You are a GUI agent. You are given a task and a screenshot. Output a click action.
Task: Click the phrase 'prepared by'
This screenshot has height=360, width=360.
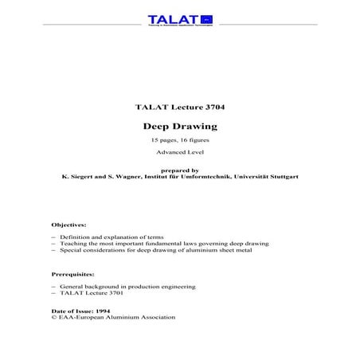pyautogui.click(x=179, y=170)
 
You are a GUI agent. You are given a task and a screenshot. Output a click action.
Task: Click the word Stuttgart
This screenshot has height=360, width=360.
pyautogui.click(x=283, y=176)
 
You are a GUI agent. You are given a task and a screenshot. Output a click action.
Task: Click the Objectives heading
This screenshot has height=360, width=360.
pyautogui.click(x=68, y=225)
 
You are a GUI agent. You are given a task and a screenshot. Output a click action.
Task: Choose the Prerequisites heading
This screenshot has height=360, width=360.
pyautogui.click(x=73, y=273)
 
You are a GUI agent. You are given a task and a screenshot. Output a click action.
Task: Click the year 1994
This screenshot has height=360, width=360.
pyautogui.click(x=103, y=310)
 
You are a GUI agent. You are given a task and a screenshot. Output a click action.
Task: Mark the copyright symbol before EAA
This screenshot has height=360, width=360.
pyautogui.click(x=53, y=316)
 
